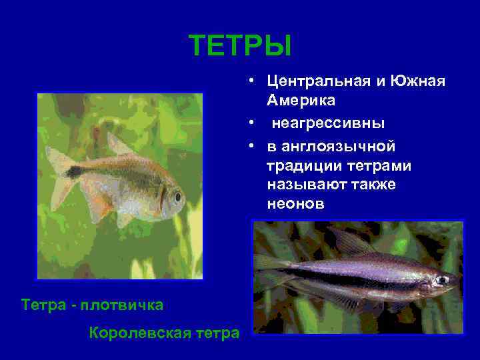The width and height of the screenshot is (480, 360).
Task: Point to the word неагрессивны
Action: (327, 123)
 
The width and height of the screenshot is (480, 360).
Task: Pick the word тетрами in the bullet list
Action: (379, 165)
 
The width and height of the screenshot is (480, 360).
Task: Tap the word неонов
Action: (295, 205)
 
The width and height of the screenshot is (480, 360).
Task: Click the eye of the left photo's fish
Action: (177, 197)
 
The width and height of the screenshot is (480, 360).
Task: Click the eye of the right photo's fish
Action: (441, 280)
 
